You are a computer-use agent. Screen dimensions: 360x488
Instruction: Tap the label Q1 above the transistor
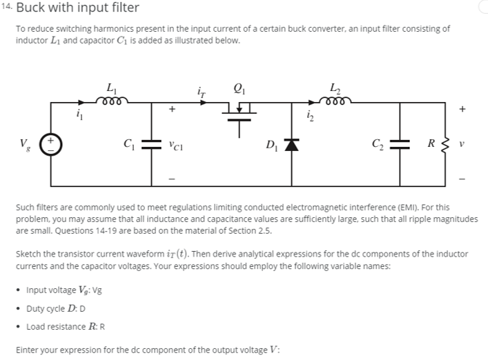point(240,88)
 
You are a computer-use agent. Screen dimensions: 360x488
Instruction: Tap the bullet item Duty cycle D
point(56,309)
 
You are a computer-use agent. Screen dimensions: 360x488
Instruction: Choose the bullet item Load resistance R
point(65,326)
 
